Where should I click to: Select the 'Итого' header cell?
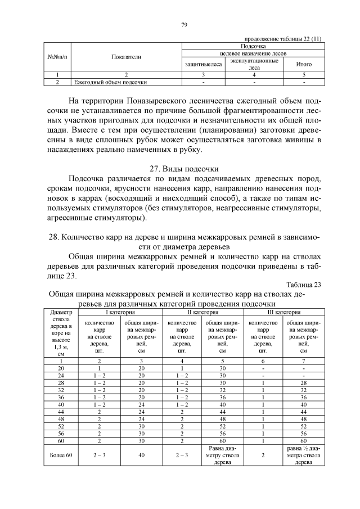coord(304,64)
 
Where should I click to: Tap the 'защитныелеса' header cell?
coord(204,64)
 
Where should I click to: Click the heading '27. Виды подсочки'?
coord(183,168)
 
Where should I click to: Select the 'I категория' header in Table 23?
coord(120,312)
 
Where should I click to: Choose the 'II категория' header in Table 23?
coord(202,312)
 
